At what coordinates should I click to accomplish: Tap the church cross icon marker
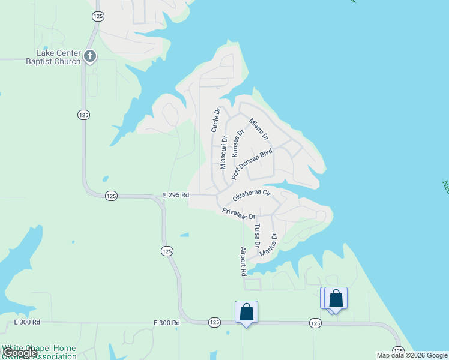90,57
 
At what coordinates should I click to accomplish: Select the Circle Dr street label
216,119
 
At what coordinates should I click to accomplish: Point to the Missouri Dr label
223,151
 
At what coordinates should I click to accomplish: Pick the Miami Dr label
259,129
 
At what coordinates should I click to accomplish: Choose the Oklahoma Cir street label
252,194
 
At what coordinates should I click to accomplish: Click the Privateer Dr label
239,213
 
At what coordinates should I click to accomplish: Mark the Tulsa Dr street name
257,236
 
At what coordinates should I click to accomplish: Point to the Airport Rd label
243,261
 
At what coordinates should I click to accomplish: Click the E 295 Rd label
176,195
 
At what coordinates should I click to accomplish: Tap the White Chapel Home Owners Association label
40,352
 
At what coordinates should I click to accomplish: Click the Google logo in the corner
20,353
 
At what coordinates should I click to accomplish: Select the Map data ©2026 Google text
412,355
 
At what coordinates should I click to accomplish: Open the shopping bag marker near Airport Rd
246,312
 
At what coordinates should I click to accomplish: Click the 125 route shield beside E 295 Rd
111,196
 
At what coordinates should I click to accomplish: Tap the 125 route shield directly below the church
83,115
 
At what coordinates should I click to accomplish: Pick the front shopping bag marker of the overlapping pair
336,298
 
